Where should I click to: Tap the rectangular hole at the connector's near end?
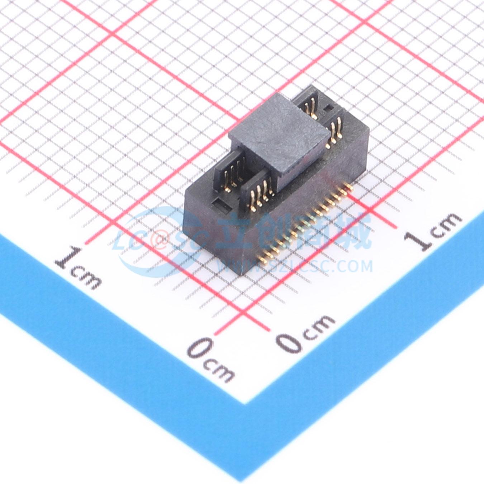click(x=222, y=204)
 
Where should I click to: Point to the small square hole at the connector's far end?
click(x=329, y=108)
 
